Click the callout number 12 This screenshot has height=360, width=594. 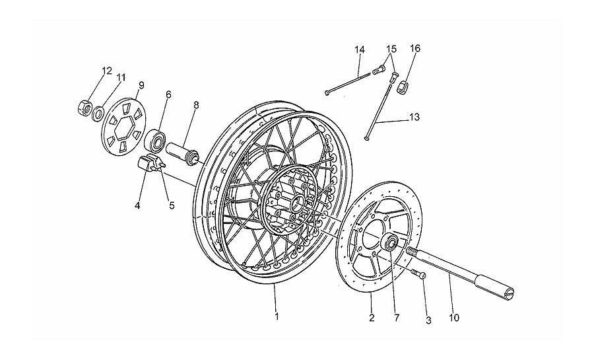click(107, 71)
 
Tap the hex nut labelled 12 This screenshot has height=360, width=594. click(84, 108)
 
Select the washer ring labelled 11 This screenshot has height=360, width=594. click(99, 113)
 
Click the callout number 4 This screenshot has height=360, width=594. click(137, 206)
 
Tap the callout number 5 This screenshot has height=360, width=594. click(172, 206)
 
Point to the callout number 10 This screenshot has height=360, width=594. click(454, 318)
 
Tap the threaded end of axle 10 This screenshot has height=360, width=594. click(412, 251)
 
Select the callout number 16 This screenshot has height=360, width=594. click(415, 48)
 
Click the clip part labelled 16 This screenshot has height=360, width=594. click(403, 87)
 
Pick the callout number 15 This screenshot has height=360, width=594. click(391, 49)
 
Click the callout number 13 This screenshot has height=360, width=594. click(414, 117)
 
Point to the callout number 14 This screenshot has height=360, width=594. click(360, 50)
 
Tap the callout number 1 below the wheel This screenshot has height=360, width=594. click(277, 316)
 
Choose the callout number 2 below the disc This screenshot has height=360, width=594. click(371, 318)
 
